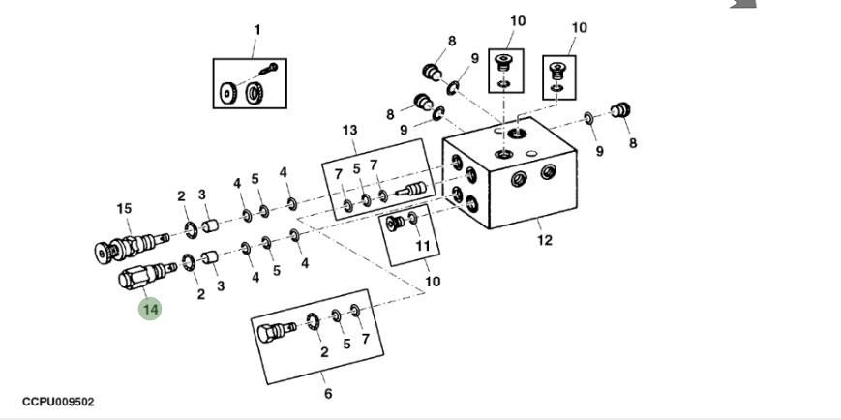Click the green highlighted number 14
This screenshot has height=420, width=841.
(x=150, y=310)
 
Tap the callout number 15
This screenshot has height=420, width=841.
(x=124, y=209)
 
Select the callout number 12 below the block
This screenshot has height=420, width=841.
(x=545, y=240)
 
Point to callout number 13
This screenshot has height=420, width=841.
(x=349, y=131)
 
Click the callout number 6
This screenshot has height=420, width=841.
(x=327, y=394)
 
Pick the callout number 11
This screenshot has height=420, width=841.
(x=422, y=246)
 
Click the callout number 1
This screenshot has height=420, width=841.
(x=256, y=30)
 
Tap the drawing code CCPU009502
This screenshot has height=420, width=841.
(x=58, y=402)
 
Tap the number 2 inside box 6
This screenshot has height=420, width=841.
(x=324, y=352)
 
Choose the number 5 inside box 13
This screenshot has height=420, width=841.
(x=356, y=168)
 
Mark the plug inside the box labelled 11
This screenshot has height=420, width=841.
(x=395, y=225)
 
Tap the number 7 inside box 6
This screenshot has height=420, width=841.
(x=365, y=339)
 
